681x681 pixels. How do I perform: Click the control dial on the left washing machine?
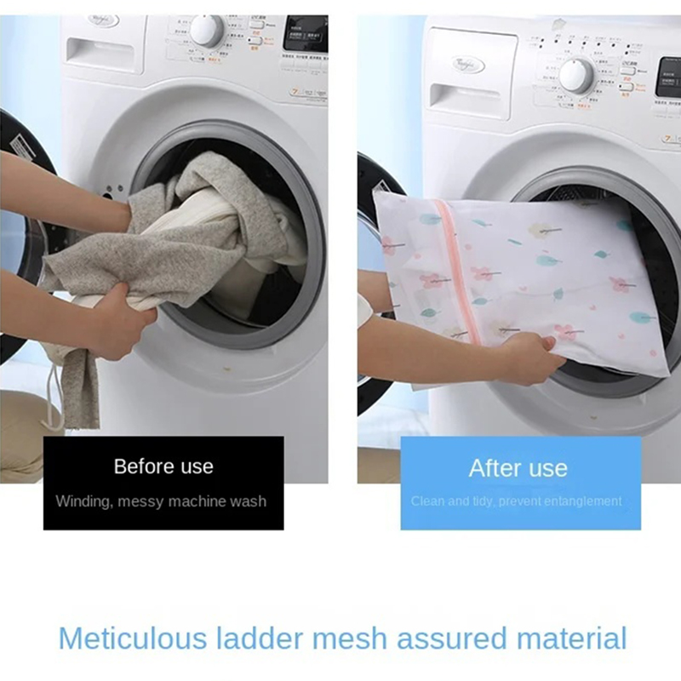click(x=207, y=31)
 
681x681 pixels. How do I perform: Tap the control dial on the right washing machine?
click(x=575, y=75)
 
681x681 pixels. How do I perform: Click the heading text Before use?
click(x=163, y=466)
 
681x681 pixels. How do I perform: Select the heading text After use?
click(x=518, y=467)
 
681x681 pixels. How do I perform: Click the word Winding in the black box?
click(x=83, y=501)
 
